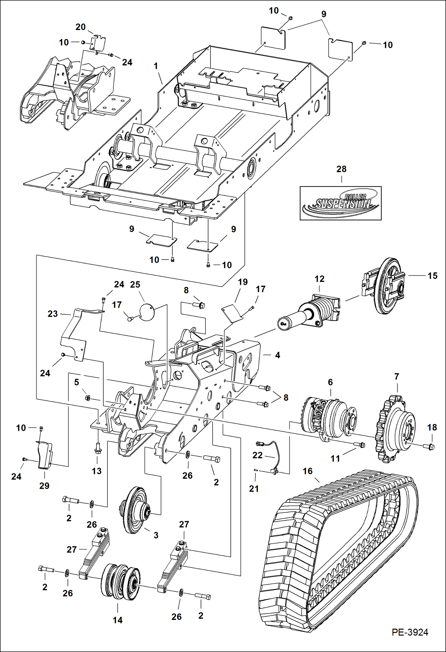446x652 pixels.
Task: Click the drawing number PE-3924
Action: pos(410,632)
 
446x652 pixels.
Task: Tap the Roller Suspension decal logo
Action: pos(341,203)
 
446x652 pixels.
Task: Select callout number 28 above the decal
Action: pos(341,169)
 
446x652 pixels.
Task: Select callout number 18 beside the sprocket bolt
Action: pos(432,427)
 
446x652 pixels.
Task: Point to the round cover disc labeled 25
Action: pos(146,312)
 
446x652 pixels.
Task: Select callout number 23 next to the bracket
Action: pos(53,314)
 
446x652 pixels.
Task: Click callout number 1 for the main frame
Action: pos(156,66)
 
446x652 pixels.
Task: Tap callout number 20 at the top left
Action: pos(80,27)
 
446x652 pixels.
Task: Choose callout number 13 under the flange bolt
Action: pos(96,471)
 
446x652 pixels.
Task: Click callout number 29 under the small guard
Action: pos(44,486)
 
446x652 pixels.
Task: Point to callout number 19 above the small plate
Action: pos(243,282)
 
